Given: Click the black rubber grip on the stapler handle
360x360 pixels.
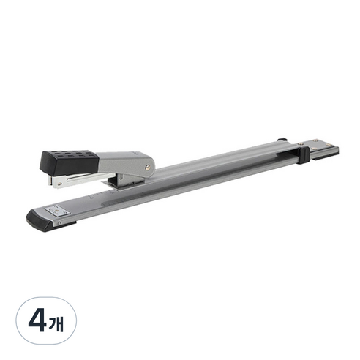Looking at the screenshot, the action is [x=70, y=162].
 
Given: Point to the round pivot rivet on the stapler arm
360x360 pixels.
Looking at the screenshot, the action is [x=147, y=167].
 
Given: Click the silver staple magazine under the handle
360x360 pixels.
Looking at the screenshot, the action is [x=80, y=179].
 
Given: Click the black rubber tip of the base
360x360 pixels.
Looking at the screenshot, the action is [x=39, y=221].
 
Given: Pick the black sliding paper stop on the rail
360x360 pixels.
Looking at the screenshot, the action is [x=303, y=155].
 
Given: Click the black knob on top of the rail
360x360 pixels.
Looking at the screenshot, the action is [x=282, y=140].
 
